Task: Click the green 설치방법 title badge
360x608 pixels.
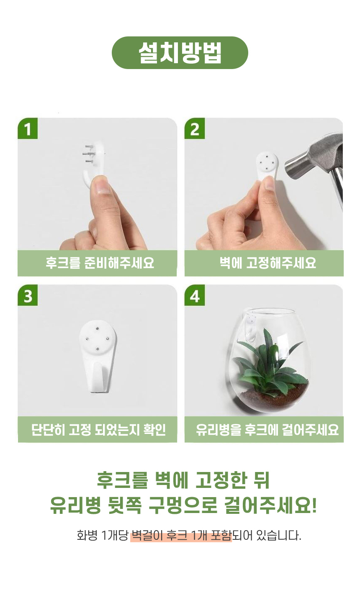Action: click(x=180, y=53)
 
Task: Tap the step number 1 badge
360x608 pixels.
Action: click(x=28, y=128)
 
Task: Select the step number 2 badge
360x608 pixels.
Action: click(x=195, y=128)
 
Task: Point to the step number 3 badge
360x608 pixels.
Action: click(x=28, y=295)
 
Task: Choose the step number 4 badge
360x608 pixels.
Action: click(x=195, y=295)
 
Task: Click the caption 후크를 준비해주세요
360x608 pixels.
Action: click(x=100, y=263)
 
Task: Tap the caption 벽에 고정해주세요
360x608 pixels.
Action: click(x=267, y=263)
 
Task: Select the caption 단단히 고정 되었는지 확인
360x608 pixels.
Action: click(x=98, y=430)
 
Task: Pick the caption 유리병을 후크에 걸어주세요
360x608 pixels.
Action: click(x=267, y=430)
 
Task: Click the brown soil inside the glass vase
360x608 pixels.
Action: click(x=274, y=396)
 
